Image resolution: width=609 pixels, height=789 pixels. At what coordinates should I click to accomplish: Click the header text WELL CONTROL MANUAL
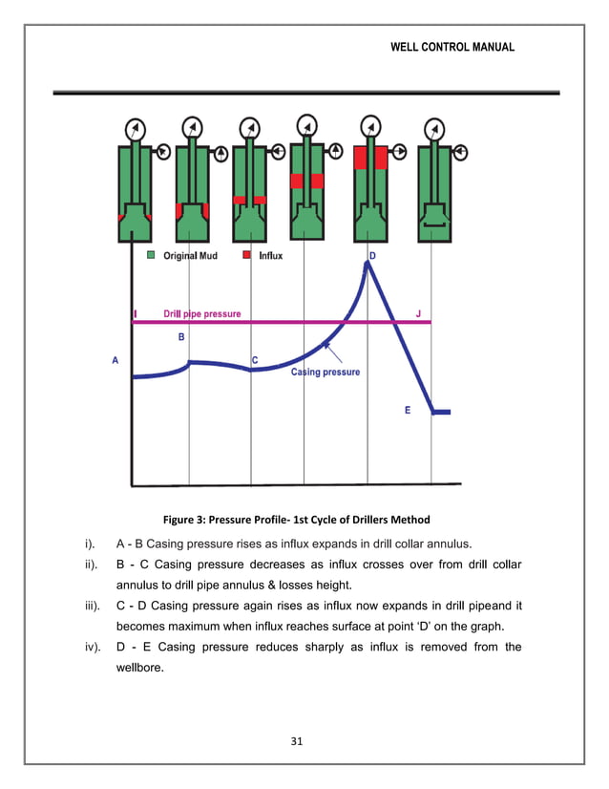(452, 47)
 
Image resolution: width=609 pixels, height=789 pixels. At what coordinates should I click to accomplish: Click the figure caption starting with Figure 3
(296, 520)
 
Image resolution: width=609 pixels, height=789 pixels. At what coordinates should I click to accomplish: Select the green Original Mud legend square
(151, 256)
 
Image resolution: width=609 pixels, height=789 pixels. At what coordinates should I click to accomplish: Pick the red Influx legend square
(246, 256)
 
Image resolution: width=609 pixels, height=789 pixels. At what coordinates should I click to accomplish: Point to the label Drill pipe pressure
(201, 313)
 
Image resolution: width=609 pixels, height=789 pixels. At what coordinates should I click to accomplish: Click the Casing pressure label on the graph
(325, 372)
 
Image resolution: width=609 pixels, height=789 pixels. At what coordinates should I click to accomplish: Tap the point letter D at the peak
(372, 256)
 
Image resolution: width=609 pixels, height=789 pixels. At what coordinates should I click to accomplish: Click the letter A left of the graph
(115, 360)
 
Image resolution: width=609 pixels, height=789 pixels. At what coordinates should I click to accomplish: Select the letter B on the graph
(181, 337)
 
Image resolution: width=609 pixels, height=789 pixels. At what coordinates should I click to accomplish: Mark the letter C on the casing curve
(255, 359)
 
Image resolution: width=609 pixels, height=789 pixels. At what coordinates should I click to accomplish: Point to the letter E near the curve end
(408, 410)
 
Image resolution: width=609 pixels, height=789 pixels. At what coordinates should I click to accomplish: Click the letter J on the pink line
(418, 312)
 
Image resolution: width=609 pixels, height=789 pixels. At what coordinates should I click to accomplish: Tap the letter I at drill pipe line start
(135, 313)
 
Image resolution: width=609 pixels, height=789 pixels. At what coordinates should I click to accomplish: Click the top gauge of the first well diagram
(136, 129)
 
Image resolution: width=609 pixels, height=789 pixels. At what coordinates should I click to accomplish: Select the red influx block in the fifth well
(369, 158)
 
